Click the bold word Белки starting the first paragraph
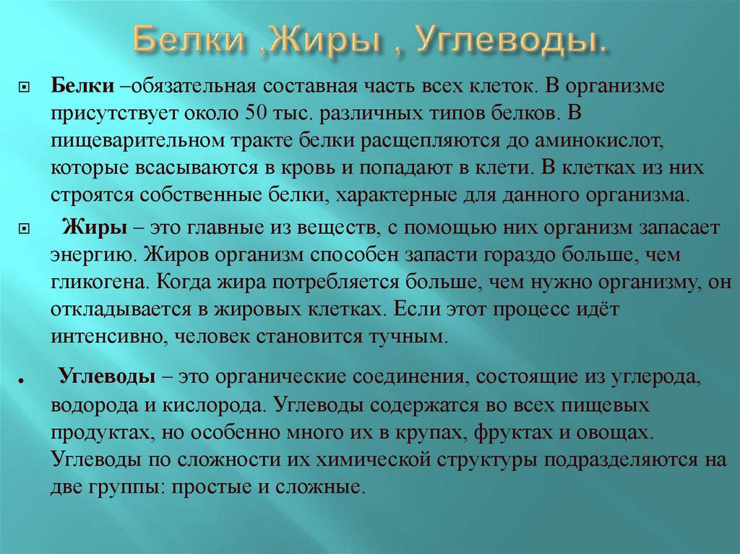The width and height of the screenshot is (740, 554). click(79, 86)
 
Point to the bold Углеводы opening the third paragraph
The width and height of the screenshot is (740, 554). click(105, 377)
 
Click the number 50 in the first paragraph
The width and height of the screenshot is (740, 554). click(257, 113)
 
